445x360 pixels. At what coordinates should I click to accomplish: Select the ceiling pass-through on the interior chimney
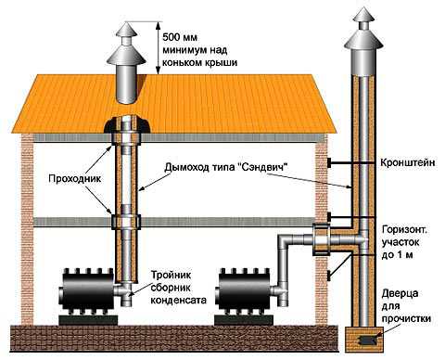coord(124,223)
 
